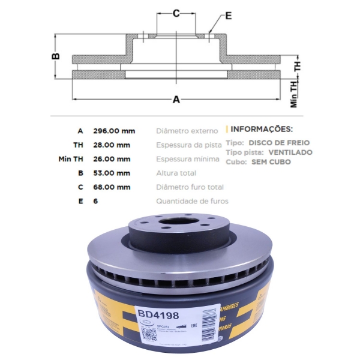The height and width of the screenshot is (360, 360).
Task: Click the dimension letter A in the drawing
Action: coord(176,100)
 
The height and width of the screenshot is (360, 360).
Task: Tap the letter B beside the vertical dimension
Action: coord(55,57)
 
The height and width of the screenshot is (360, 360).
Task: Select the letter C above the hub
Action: coord(176,13)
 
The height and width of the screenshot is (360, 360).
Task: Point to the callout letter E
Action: coord(229,16)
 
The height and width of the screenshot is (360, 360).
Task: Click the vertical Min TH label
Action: coord(293,94)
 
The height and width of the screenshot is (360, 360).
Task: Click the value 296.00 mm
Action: coord(114,131)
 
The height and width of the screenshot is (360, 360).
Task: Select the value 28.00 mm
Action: coord(112,145)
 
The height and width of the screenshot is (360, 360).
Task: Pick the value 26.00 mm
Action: coord(112,159)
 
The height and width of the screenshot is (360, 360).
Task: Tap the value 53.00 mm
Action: coord(112,173)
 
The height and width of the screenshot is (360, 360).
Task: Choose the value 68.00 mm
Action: coord(112,187)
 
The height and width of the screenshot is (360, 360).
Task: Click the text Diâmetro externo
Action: coord(187,131)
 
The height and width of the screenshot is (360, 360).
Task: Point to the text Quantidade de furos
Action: coord(192,202)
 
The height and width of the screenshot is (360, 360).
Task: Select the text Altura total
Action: coord(175,173)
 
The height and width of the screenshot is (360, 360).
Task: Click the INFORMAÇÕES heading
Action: coord(262,129)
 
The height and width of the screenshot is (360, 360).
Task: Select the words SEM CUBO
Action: coord(271,162)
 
